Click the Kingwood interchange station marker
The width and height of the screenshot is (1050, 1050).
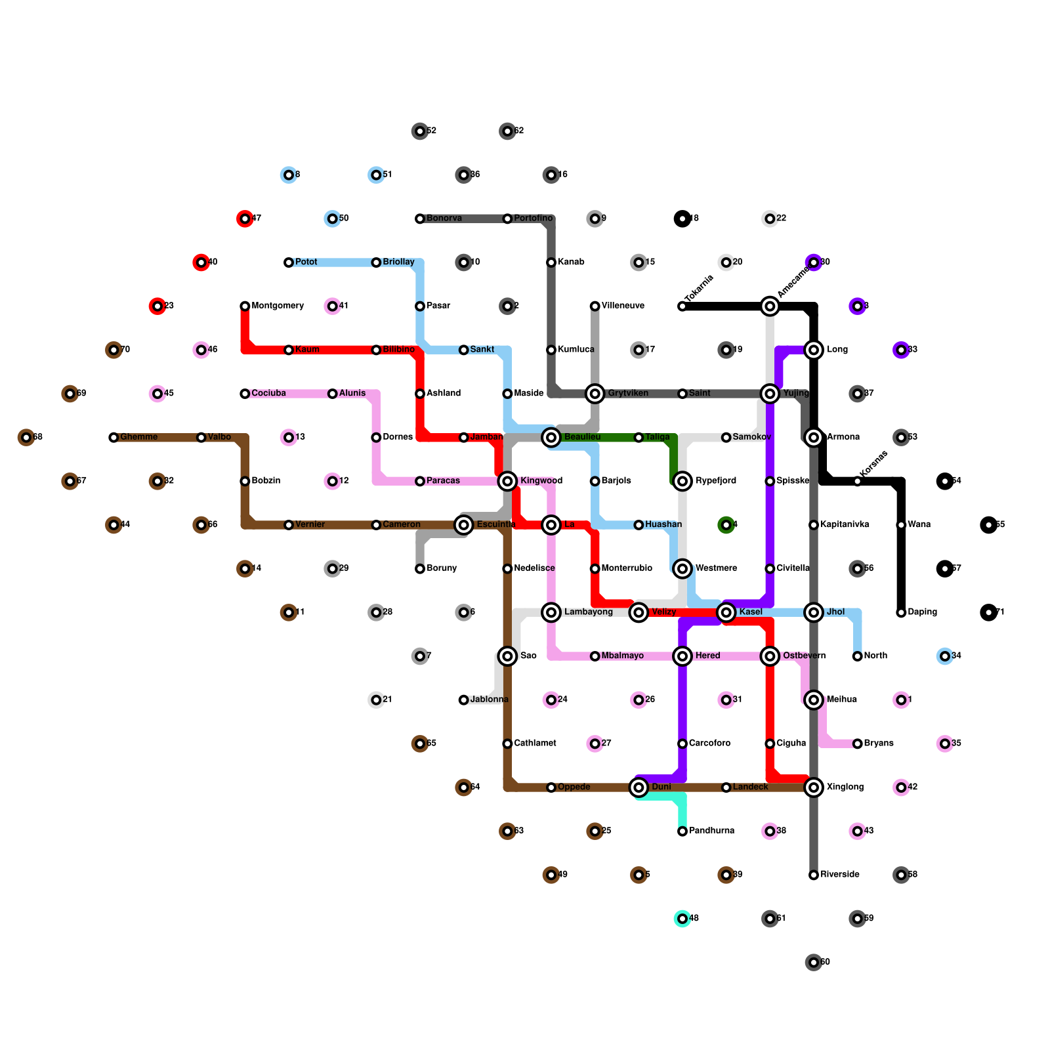pyautogui.click(x=507, y=481)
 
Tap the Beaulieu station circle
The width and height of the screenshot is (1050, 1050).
pyautogui.click(x=551, y=437)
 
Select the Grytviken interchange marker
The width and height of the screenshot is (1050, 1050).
pyautogui.click(x=595, y=394)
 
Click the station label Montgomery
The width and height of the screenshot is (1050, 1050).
pyautogui.click(x=278, y=306)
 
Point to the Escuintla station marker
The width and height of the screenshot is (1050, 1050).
pyautogui.click(x=464, y=525)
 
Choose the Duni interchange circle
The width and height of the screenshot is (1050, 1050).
pyautogui.click(x=639, y=787)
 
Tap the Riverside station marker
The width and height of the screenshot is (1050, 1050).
pyautogui.click(x=814, y=875)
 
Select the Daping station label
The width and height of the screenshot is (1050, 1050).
pyautogui.click(x=922, y=612)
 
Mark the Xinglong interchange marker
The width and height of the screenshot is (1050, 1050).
pyautogui.click(x=814, y=787)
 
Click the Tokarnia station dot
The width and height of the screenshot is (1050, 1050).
pyautogui.click(x=682, y=306)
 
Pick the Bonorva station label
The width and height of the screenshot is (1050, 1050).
pyautogui.click(x=444, y=219)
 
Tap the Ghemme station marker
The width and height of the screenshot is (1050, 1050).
pyautogui.click(x=114, y=437)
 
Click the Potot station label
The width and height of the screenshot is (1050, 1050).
pyautogui.click(x=306, y=262)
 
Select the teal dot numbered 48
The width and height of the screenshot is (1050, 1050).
pyautogui.click(x=682, y=919)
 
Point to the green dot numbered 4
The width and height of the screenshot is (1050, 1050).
pyautogui.click(x=726, y=525)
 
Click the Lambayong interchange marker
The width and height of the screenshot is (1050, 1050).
pyautogui.click(x=551, y=612)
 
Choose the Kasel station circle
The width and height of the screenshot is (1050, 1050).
pyautogui.click(x=726, y=612)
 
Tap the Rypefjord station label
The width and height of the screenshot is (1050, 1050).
pyautogui.click(x=715, y=481)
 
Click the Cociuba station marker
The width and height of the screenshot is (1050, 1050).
pyautogui.click(x=245, y=394)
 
